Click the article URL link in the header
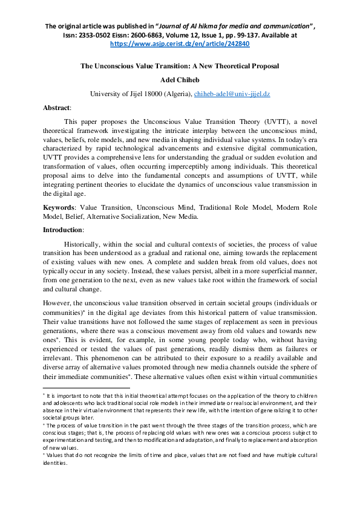tap(180, 44)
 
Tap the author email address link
tap(235, 94)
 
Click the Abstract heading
tap(56, 108)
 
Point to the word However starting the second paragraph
tap(57, 305)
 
